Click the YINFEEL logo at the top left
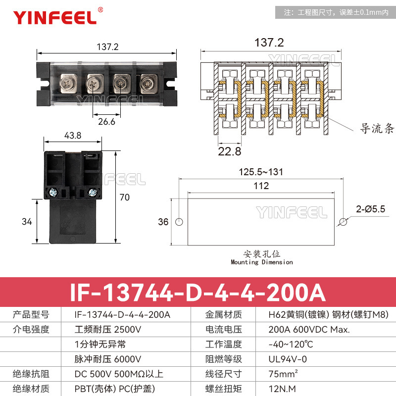(54, 17)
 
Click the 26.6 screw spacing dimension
(106, 122)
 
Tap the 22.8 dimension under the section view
(230, 151)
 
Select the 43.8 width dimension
(73, 135)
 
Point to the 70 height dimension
(124, 197)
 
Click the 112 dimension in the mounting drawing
(261, 186)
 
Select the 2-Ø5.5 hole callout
(369, 209)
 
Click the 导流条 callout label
(377, 130)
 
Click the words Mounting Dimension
(262, 262)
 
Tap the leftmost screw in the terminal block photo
(68, 83)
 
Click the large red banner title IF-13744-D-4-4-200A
(198, 292)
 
